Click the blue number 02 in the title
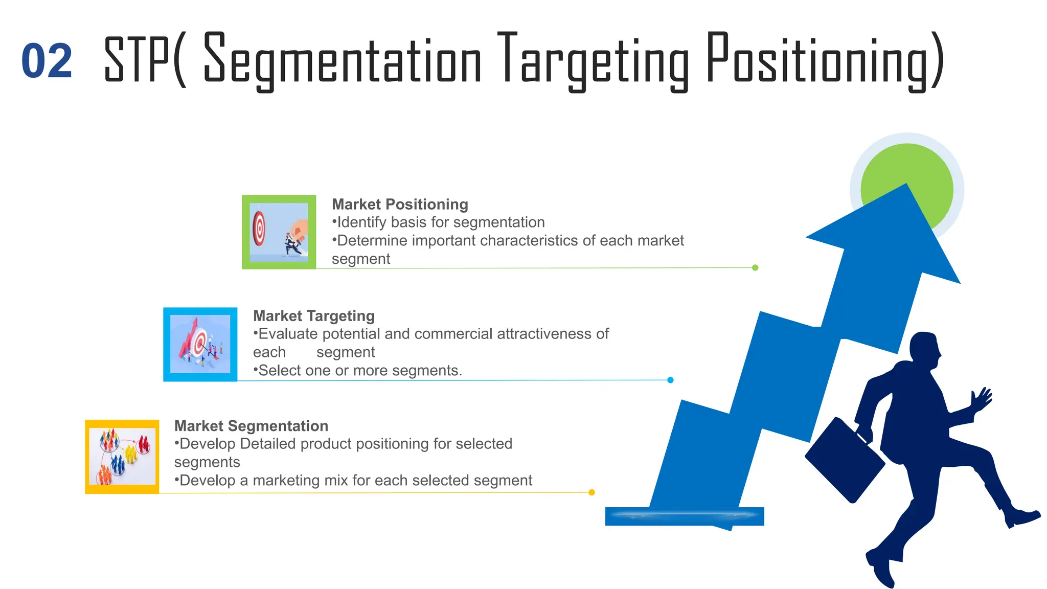point(47,61)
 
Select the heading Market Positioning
point(400,205)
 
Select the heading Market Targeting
point(314,316)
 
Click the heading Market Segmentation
point(251,426)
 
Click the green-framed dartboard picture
point(279,232)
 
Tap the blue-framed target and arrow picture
point(200,344)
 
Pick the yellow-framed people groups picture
point(122,457)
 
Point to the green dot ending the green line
point(755,267)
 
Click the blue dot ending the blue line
point(670,380)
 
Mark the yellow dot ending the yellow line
point(591,492)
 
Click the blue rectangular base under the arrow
point(684,516)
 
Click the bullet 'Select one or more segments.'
point(358,371)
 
